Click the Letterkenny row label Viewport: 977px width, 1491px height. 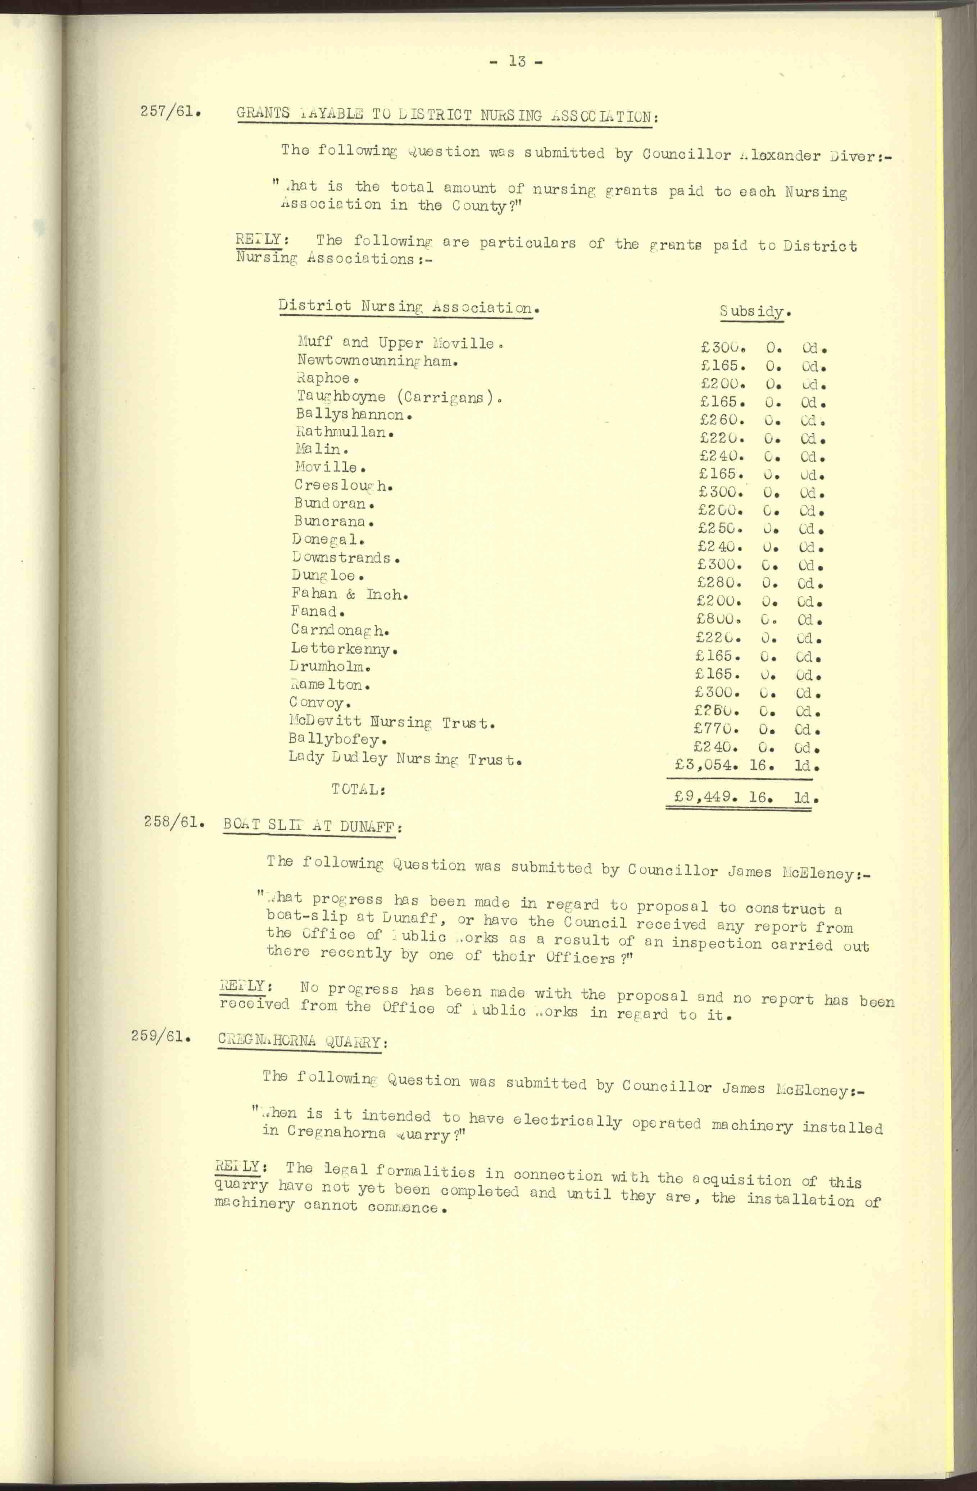click(x=344, y=649)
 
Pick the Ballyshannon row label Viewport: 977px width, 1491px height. click(x=354, y=415)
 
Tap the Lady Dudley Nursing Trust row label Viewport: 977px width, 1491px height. click(x=405, y=759)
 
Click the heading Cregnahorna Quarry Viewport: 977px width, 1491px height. click(x=303, y=1041)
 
